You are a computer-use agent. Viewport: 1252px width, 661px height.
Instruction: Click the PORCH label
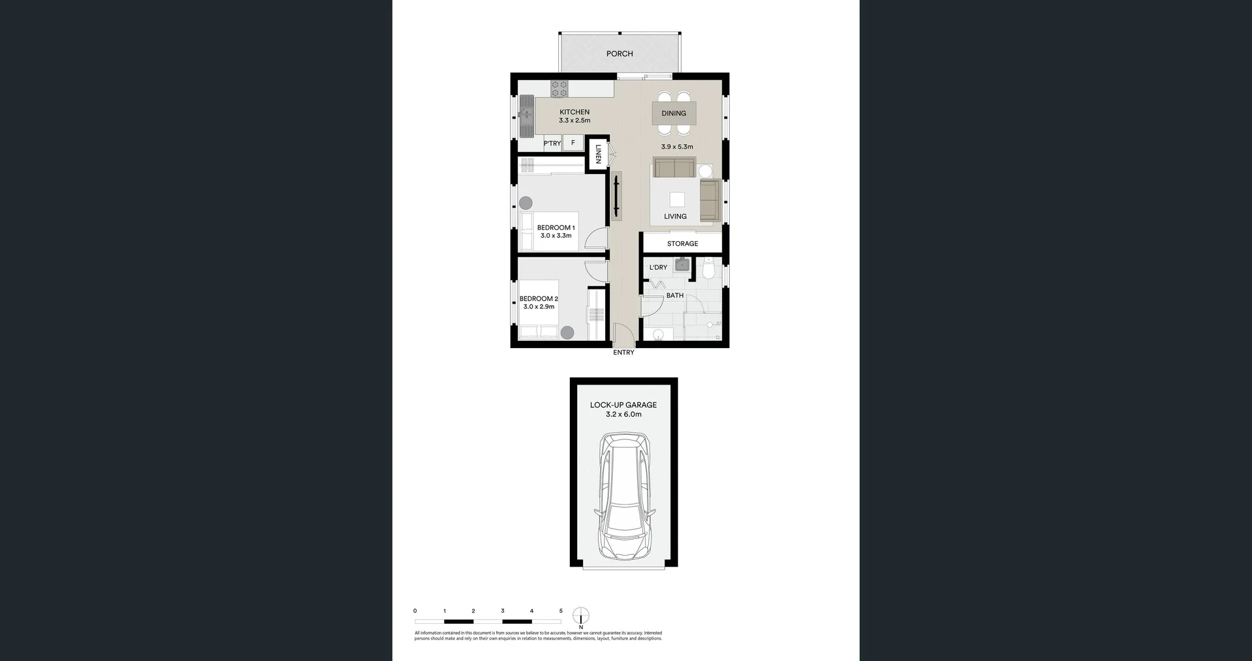click(619, 53)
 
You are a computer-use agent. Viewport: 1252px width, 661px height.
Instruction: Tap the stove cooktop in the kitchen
click(559, 89)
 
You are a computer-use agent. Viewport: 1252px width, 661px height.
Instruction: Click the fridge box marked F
click(573, 143)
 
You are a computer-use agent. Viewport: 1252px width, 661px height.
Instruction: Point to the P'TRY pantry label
click(552, 143)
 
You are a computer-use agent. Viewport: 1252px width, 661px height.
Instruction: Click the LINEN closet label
click(598, 154)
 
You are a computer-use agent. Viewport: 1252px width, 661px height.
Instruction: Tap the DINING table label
click(674, 113)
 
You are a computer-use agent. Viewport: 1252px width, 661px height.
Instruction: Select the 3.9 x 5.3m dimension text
click(677, 147)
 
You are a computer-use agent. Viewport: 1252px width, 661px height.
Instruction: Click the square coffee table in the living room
click(677, 199)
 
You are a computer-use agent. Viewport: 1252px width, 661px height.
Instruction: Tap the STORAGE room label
click(682, 244)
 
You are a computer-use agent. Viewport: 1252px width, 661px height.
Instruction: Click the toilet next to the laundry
click(709, 268)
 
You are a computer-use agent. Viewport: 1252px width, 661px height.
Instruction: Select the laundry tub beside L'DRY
click(682, 265)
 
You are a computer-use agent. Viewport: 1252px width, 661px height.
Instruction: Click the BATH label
click(675, 295)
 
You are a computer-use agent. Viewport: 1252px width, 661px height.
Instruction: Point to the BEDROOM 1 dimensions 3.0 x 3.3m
click(556, 236)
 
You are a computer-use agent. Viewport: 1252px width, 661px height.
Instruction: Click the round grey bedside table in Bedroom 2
click(567, 332)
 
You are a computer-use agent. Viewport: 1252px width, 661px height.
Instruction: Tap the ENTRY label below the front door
click(623, 353)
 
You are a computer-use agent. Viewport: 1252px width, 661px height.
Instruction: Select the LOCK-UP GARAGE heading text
click(623, 405)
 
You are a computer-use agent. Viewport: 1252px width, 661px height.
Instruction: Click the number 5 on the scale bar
click(561, 611)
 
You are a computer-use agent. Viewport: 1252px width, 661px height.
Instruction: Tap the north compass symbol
click(581, 616)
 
